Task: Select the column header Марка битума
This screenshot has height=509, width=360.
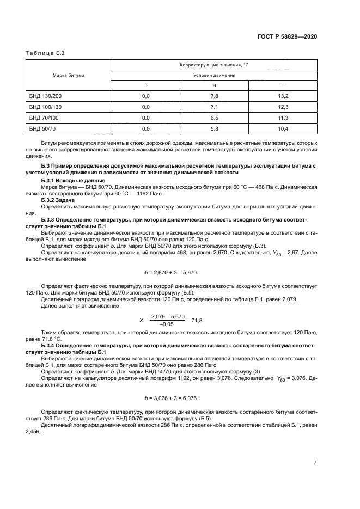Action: [x=68, y=75]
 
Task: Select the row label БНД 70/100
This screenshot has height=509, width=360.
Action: [x=44, y=118]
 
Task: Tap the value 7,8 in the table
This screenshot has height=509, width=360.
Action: [x=214, y=96]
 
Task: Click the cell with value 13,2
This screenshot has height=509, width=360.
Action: [x=283, y=96]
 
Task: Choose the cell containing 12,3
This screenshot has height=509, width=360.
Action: [x=283, y=107]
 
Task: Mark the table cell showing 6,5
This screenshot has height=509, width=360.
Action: [x=214, y=118]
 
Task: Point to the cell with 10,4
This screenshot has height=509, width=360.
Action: [x=283, y=128]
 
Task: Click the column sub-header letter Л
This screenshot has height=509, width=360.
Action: [x=145, y=85]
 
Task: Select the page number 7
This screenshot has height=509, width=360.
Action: [x=315, y=462]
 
